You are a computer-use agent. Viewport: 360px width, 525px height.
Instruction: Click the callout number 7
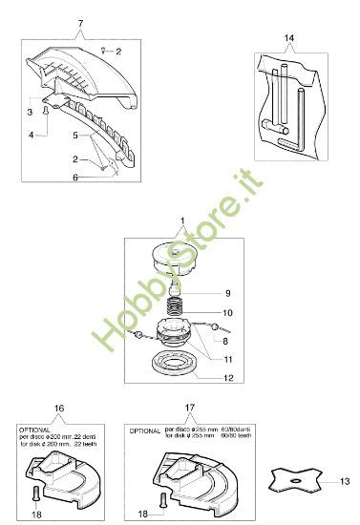[x=80, y=21]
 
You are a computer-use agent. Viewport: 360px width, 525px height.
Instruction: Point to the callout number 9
[x=227, y=292]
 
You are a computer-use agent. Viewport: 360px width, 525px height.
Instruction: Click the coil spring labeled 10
[x=175, y=308]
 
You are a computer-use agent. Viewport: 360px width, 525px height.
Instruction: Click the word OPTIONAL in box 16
[x=35, y=430]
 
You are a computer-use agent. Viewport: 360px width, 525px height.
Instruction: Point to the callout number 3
[x=30, y=112]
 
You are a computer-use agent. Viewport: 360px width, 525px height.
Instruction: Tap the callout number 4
[x=30, y=136]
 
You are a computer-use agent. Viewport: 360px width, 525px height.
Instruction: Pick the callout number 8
[x=225, y=339]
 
